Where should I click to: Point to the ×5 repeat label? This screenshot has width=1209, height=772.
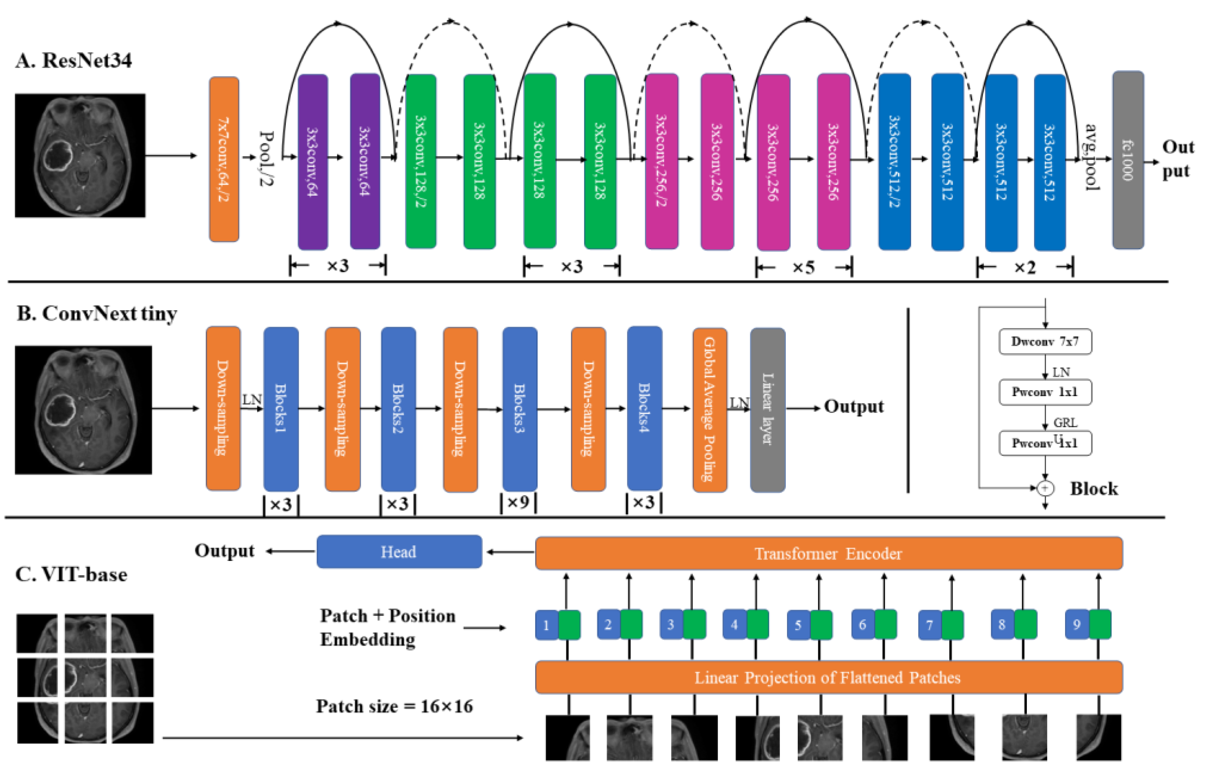click(x=803, y=268)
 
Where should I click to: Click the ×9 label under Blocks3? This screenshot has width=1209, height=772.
click(x=518, y=502)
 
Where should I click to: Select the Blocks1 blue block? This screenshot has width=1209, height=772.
click(x=281, y=409)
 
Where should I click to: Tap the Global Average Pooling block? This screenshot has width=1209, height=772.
click(x=709, y=409)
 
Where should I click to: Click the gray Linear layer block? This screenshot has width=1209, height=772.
click(x=767, y=409)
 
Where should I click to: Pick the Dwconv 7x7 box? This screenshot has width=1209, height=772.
click(x=1045, y=342)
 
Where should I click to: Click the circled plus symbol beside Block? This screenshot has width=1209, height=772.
click(x=1045, y=488)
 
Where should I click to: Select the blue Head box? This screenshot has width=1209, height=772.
click(x=399, y=552)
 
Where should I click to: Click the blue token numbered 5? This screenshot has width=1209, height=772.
click(x=798, y=625)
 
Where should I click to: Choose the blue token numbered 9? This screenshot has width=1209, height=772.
click(x=1077, y=625)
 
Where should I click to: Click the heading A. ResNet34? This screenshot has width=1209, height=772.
click(x=74, y=61)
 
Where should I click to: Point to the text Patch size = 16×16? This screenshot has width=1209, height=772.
click(x=394, y=707)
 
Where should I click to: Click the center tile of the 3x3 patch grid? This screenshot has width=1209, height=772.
click(x=85, y=678)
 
